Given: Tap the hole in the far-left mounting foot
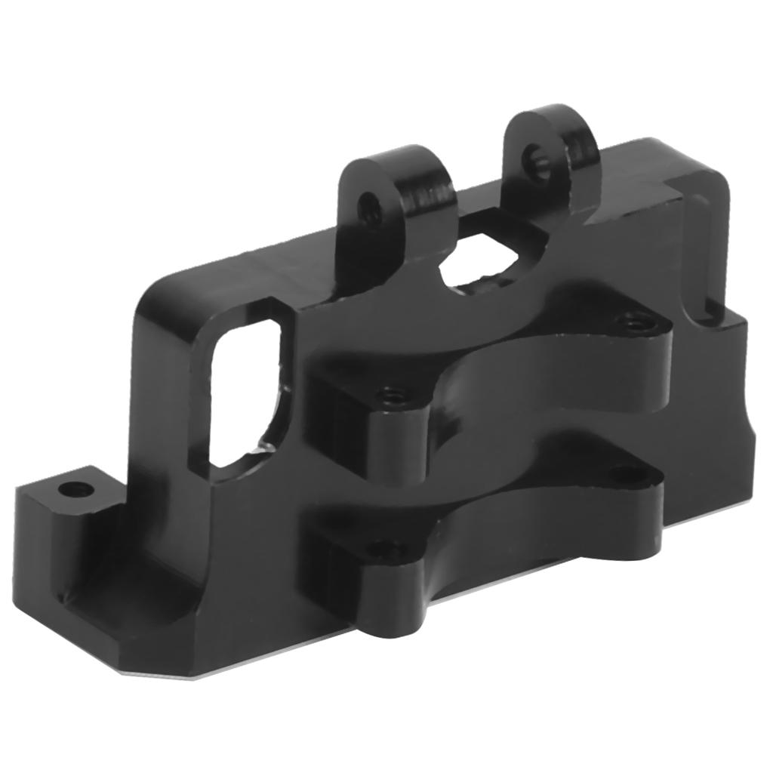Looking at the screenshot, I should tap(75, 490).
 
